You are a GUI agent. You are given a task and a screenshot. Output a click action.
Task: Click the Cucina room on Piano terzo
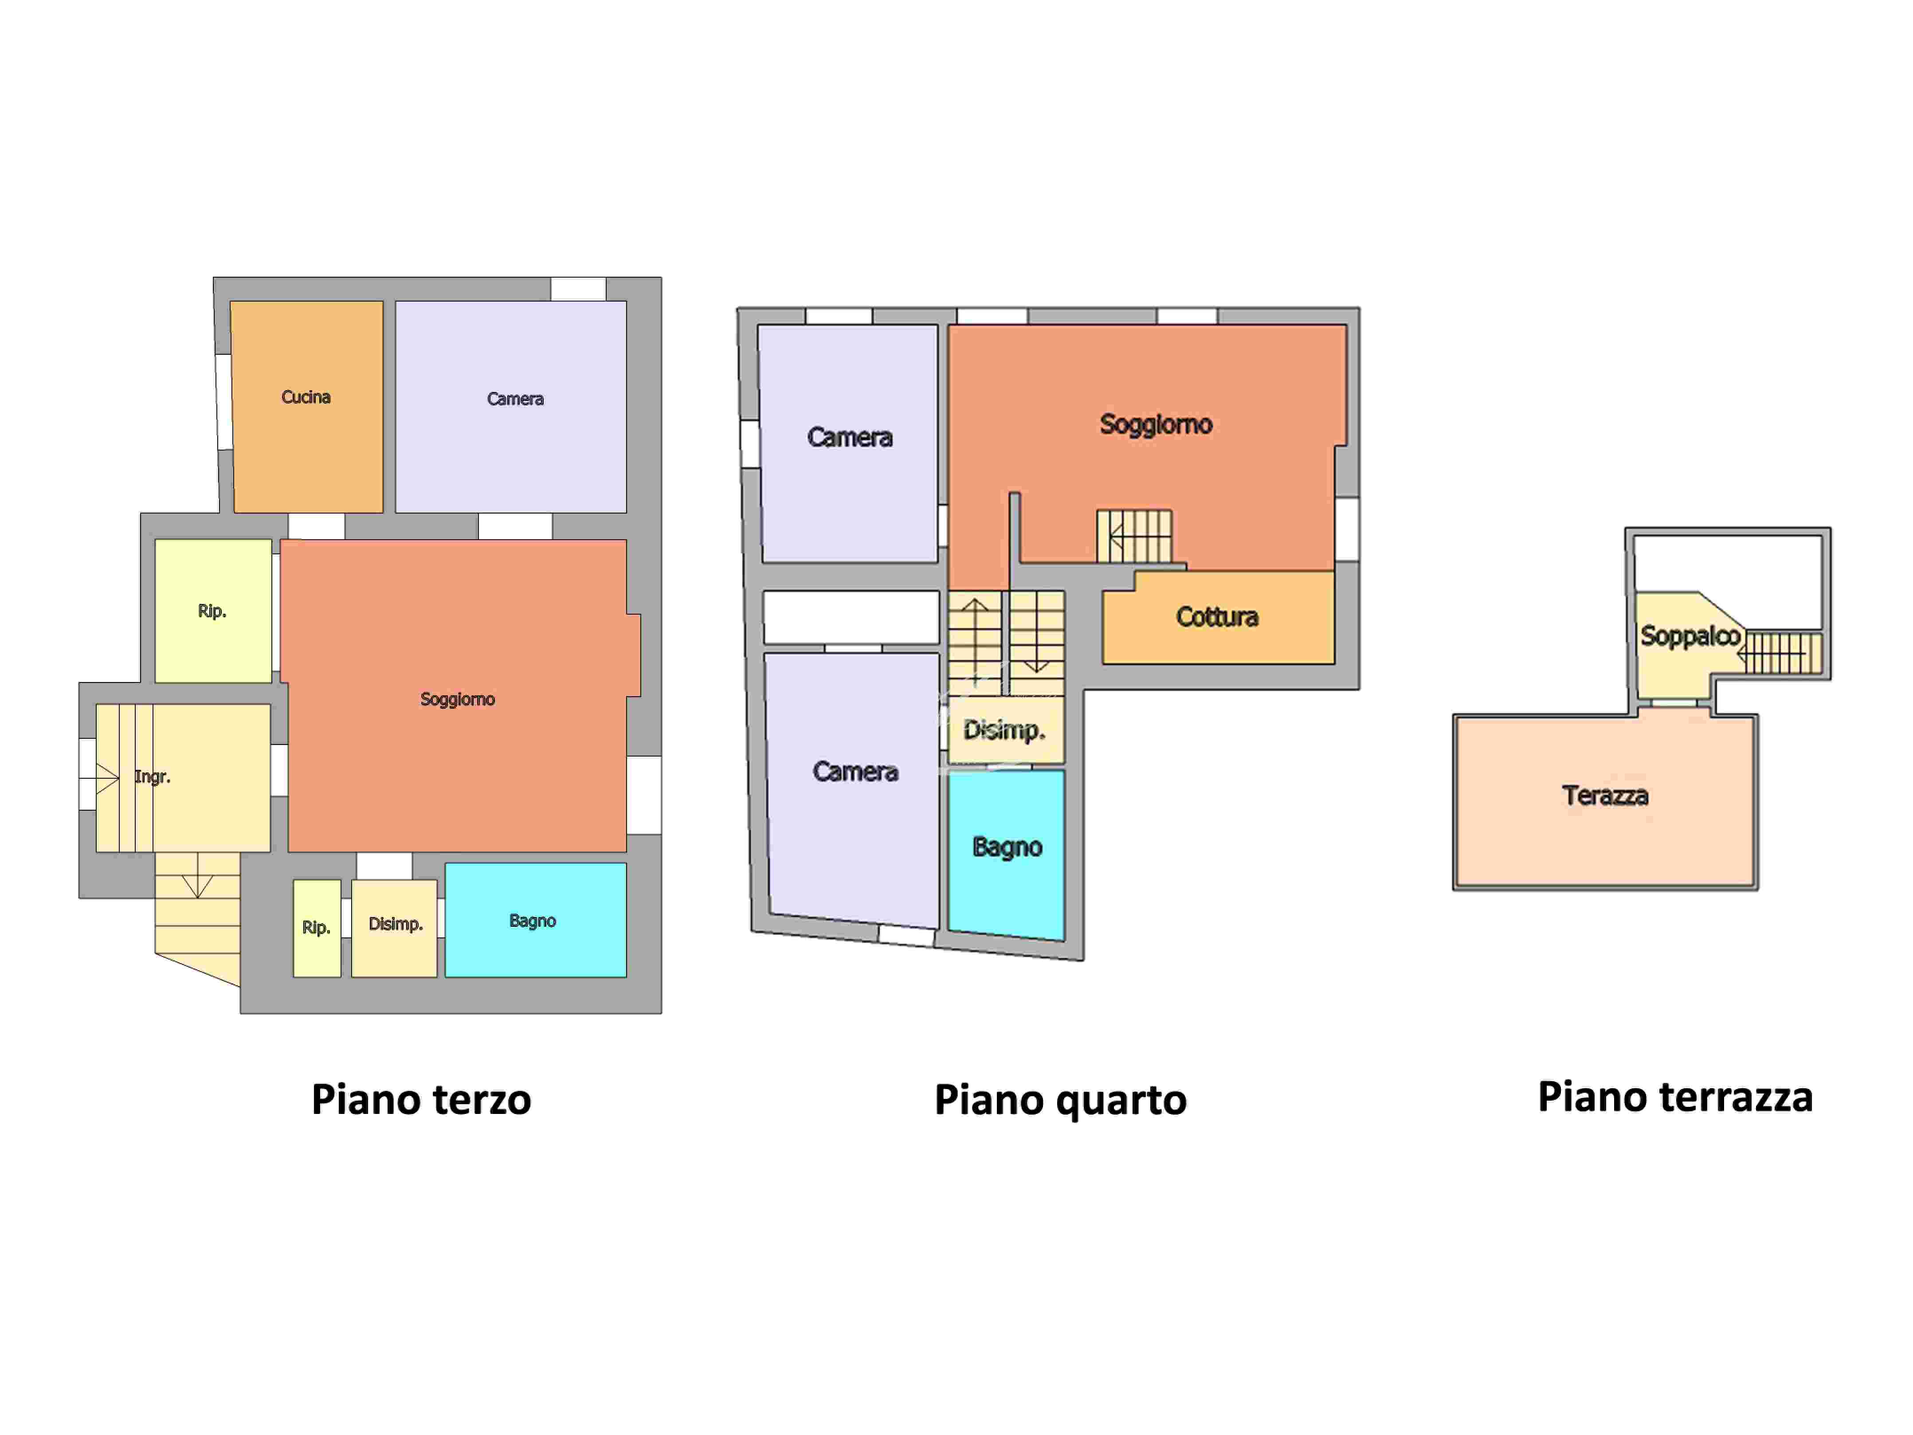(x=307, y=407)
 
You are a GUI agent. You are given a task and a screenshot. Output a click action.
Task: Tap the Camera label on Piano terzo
(x=515, y=399)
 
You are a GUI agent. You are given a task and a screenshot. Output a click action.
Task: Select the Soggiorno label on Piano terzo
(x=458, y=699)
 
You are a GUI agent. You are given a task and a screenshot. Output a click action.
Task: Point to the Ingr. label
(x=152, y=777)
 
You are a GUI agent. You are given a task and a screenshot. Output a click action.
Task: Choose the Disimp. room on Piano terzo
(x=394, y=928)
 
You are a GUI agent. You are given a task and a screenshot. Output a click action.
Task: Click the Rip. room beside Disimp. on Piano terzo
(x=317, y=928)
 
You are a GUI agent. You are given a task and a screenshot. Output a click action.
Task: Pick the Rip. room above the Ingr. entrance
(x=213, y=611)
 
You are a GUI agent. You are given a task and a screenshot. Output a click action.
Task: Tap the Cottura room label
(x=1217, y=617)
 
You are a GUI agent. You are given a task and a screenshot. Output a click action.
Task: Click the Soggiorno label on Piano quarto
(x=1156, y=424)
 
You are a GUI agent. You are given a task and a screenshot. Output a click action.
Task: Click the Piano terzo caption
(x=421, y=1099)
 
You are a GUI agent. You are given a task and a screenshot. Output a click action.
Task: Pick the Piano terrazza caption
(x=1675, y=1097)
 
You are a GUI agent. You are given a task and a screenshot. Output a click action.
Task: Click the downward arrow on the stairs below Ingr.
(x=198, y=875)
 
